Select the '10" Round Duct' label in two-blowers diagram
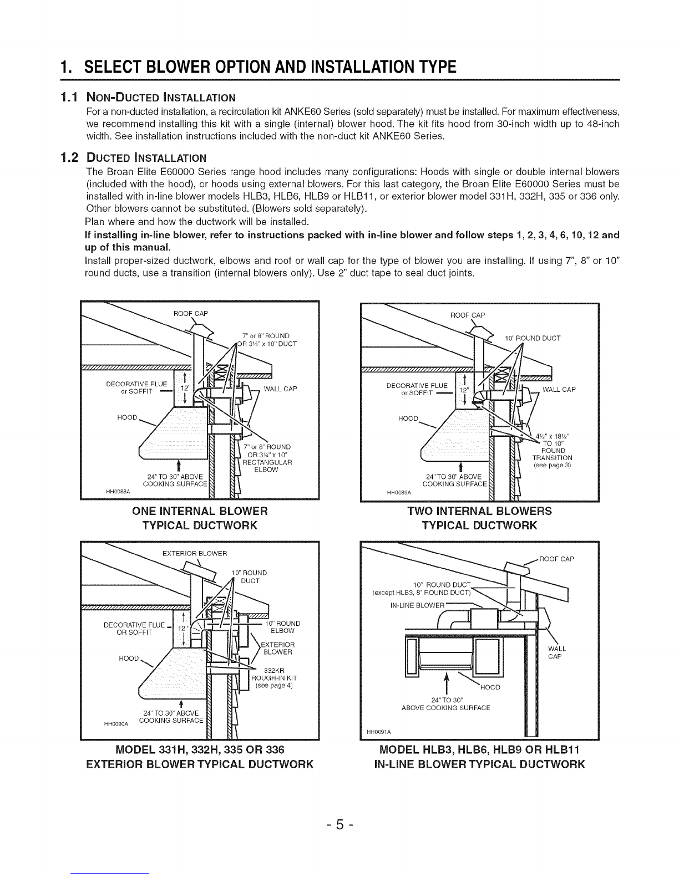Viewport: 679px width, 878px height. pyautogui.click(x=532, y=338)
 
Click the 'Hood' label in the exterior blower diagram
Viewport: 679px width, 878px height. pyautogui.click(x=128, y=658)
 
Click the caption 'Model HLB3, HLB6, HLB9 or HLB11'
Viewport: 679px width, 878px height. pyautogui.click(x=479, y=751)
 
